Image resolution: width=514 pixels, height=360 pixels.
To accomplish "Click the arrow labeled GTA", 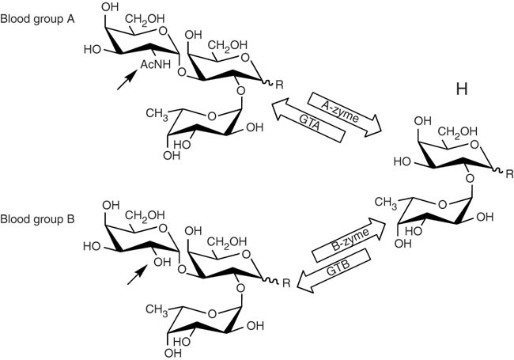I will pos(311,128).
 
